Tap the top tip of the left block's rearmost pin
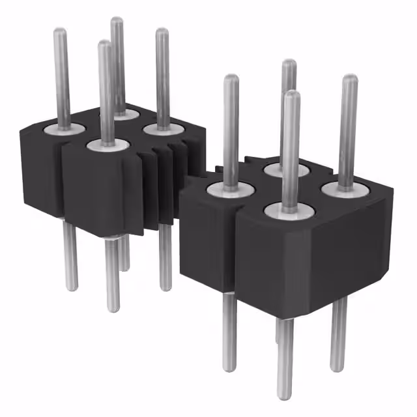pyautogui.click(x=117, y=21)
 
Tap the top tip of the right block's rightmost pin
pyautogui.click(x=350, y=79)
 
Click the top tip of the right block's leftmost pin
pyautogui.click(x=231, y=79)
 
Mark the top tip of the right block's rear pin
pyautogui.click(x=289, y=63)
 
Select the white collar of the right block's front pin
pyautogui.click(x=291, y=211)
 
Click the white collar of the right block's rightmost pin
pyautogui.click(x=345, y=189)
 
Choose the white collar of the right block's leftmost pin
pyautogui.click(x=229, y=190)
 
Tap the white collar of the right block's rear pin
pyautogui.click(x=286, y=170)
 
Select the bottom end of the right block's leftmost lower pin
pyautogui.click(x=229, y=368)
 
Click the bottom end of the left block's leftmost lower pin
pyautogui.click(x=71, y=287)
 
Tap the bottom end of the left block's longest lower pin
pyautogui.click(x=113, y=308)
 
